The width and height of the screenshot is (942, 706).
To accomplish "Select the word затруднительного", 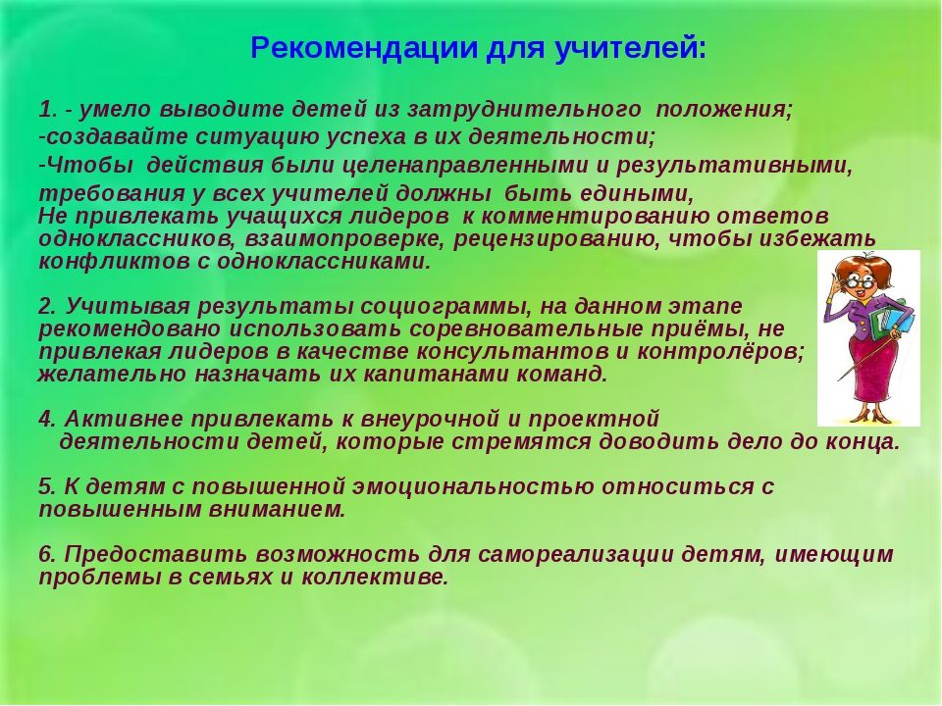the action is pos(524,109).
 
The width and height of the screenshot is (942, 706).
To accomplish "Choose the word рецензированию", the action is pos(557,239).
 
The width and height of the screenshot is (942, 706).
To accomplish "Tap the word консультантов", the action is pos(511,351).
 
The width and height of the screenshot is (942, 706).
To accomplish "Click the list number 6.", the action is pos(47,554).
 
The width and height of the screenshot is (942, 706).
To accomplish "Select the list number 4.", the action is pos(47,419).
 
